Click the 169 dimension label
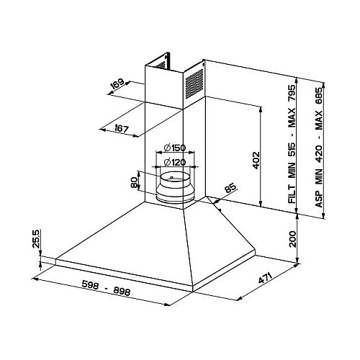(x=117, y=84)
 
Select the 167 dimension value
(x=120, y=129)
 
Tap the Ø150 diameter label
(x=175, y=148)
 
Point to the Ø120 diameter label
(x=175, y=162)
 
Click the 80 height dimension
(x=134, y=182)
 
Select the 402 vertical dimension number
(x=256, y=160)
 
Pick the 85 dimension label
(x=230, y=188)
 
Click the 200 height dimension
(x=292, y=239)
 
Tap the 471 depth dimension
(x=265, y=278)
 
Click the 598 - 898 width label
(x=106, y=288)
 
